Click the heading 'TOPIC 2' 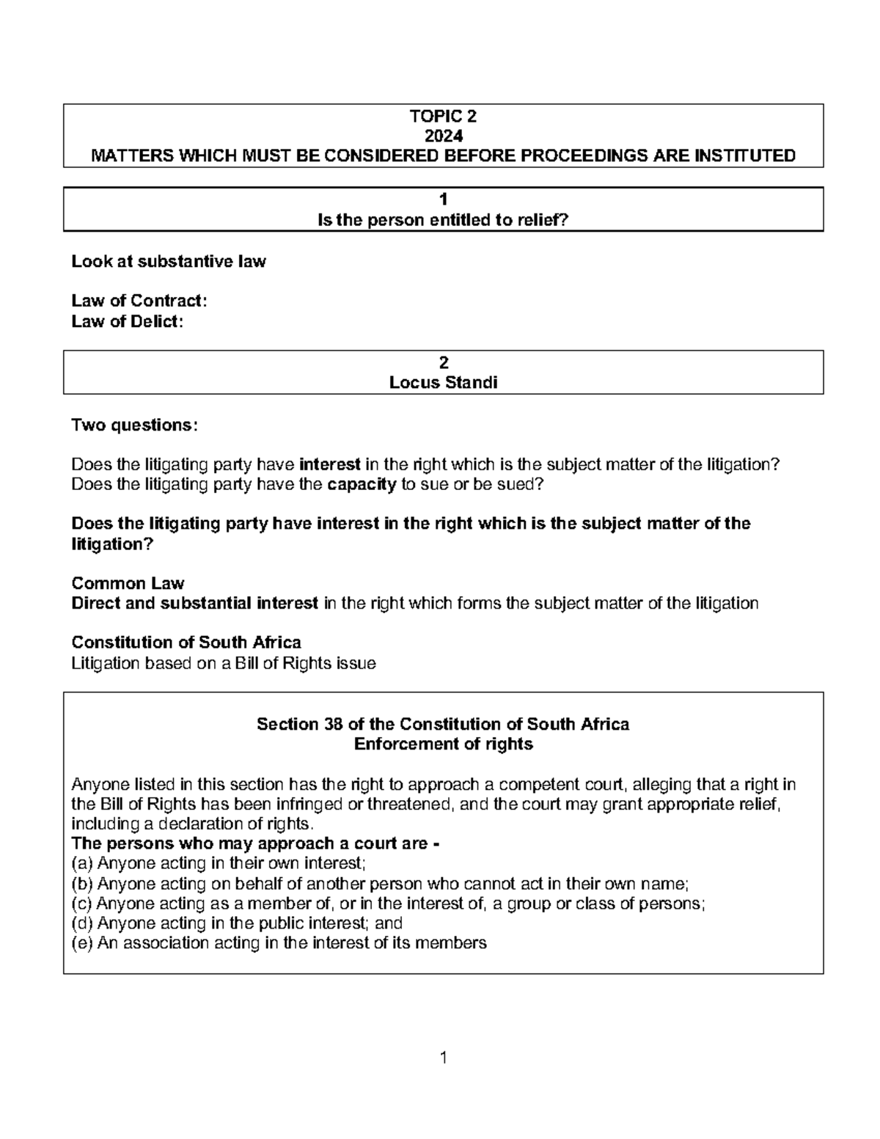coord(443,116)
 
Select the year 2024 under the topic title coord(443,136)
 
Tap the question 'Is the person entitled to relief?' coord(443,220)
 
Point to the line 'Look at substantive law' coord(169,261)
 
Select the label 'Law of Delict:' coord(127,321)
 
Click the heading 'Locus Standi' coord(443,382)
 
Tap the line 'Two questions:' coord(134,425)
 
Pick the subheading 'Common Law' coord(128,583)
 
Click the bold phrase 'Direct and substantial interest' coord(195,603)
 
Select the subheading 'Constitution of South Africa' coord(186,642)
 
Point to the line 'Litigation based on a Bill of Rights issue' coord(224,663)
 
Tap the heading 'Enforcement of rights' coord(443,744)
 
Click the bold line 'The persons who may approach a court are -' coord(255,843)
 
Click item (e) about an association coord(279,942)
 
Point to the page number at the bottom coord(443,1057)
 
